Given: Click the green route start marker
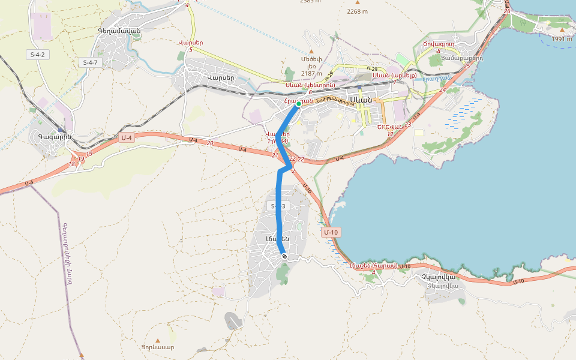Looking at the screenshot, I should (x=298, y=104).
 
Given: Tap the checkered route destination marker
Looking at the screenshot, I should (x=284, y=256).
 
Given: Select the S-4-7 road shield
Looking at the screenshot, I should (x=89, y=62).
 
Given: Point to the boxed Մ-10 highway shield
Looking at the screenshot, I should (x=331, y=232).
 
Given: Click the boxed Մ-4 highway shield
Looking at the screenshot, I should (x=126, y=138).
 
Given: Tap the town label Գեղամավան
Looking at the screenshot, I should (x=118, y=31).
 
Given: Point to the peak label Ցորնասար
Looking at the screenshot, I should (x=158, y=347).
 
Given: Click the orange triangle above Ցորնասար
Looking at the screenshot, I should (x=158, y=340).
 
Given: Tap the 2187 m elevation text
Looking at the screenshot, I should (x=311, y=73).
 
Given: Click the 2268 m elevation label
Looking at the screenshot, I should (x=357, y=11).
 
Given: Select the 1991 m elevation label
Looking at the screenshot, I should (x=562, y=38).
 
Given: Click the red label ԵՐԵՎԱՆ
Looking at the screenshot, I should (x=388, y=127).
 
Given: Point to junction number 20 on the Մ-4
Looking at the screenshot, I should (x=209, y=143).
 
